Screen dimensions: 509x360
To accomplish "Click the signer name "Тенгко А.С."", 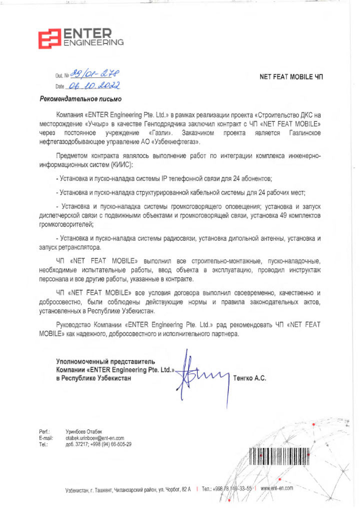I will (x=250, y=378).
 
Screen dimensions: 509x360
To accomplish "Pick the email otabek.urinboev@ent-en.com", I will (x=95, y=437).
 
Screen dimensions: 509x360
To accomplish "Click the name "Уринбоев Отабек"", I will (x=83, y=431).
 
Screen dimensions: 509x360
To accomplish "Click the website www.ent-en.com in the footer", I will (x=276, y=488).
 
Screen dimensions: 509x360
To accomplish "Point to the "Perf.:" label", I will (x=44, y=431).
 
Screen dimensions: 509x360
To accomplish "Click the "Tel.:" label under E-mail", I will (x=43, y=444).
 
